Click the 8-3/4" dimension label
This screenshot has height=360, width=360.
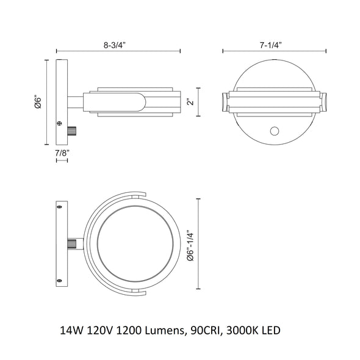(x=114, y=45)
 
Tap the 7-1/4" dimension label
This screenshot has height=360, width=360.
(x=271, y=45)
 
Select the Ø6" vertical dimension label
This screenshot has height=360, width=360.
(x=38, y=102)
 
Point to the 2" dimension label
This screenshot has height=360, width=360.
(x=190, y=102)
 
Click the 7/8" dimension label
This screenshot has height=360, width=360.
(x=62, y=153)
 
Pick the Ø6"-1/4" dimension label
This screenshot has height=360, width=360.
(x=190, y=245)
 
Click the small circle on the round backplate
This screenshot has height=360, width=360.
(x=275, y=131)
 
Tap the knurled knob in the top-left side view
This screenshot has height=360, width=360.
(x=72, y=131)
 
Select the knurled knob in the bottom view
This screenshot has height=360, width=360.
(x=72, y=243)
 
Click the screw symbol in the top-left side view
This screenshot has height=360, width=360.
(x=59, y=123)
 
